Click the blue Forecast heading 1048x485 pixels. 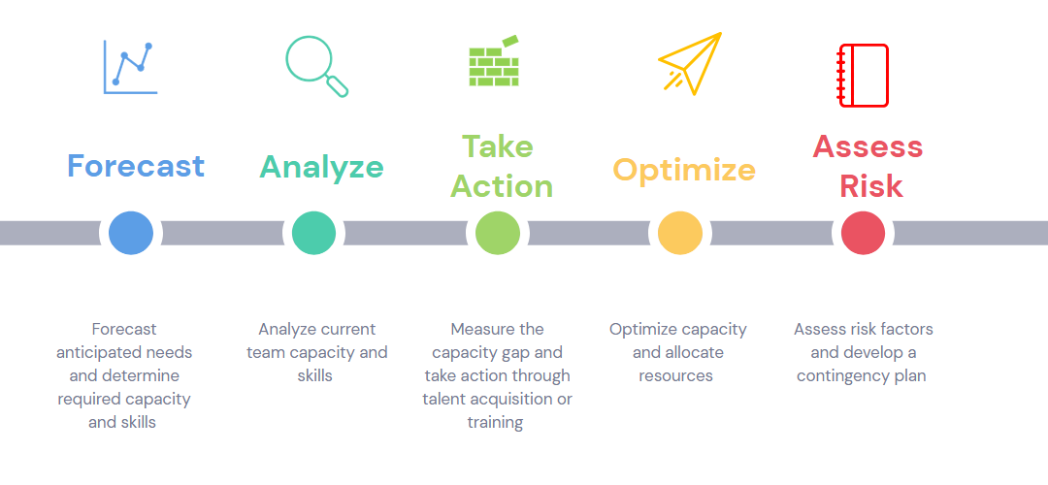pyautogui.click(x=136, y=166)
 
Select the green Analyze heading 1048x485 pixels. pyautogui.click(x=321, y=166)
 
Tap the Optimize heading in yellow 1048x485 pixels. pyautogui.click(x=684, y=170)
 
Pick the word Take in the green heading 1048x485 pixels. pyautogui.click(x=497, y=146)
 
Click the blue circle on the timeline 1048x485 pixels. pyautogui.click(x=131, y=233)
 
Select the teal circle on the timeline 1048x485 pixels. pyautogui.click(x=313, y=233)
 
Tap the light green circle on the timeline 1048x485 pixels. pyautogui.click(x=499, y=233)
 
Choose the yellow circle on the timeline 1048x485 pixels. pyautogui.click(x=679, y=233)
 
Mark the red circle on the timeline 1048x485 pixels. pyautogui.click(x=862, y=233)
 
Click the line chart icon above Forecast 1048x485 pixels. pyautogui.click(x=130, y=67)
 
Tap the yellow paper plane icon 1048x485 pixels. pyautogui.click(x=692, y=63)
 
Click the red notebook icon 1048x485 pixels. pyautogui.click(x=863, y=75)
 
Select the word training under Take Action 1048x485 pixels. pyautogui.click(x=495, y=422)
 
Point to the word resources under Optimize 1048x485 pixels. pyautogui.click(x=675, y=375)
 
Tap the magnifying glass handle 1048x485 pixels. pyautogui.click(x=338, y=87)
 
